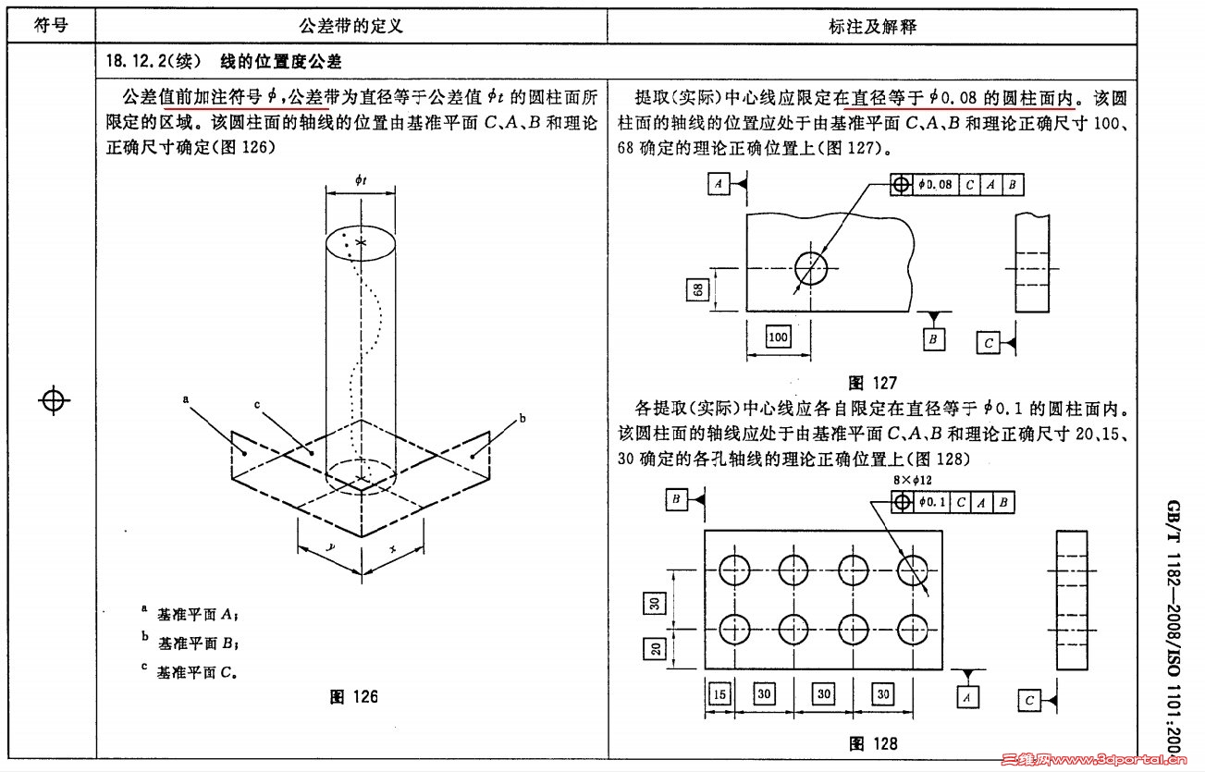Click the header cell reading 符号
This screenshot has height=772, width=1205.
click(52, 26)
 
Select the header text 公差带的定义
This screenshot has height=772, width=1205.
click(351, 26)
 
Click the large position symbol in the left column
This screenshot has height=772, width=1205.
click(54, 400)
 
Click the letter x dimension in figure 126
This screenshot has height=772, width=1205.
click(393, 549)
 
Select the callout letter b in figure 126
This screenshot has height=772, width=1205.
click(522, 419)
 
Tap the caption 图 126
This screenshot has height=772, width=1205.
click(354, 697)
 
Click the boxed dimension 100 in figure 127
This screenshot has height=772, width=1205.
click(778, 337)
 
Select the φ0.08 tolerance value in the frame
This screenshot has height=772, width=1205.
click(934, 184)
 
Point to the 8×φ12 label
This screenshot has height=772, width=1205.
click(913, 481)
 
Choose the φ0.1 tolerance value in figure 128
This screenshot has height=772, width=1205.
click(932, 502)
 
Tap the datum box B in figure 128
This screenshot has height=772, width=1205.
click(677, 499)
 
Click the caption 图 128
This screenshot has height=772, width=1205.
click(873, 742)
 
